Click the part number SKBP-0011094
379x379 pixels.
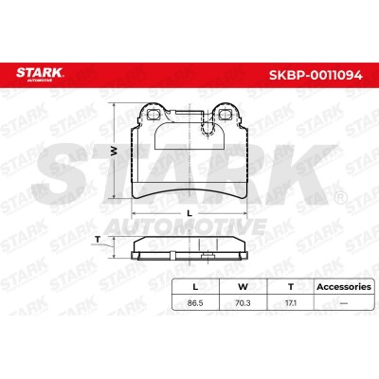tap(316, 75)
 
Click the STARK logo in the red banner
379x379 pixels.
tap(40, 74)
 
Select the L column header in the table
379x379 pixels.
tap(195, 287)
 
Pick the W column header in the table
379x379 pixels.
tap(243, 287)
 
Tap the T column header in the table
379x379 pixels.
tap(291, 287)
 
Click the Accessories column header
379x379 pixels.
tap(344, 287)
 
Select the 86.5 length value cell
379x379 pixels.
tap(195, 303)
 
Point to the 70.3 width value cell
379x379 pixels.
tap(243, 303)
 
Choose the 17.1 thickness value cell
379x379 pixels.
tap(291, 303)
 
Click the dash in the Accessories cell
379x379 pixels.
tap(344, 303)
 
